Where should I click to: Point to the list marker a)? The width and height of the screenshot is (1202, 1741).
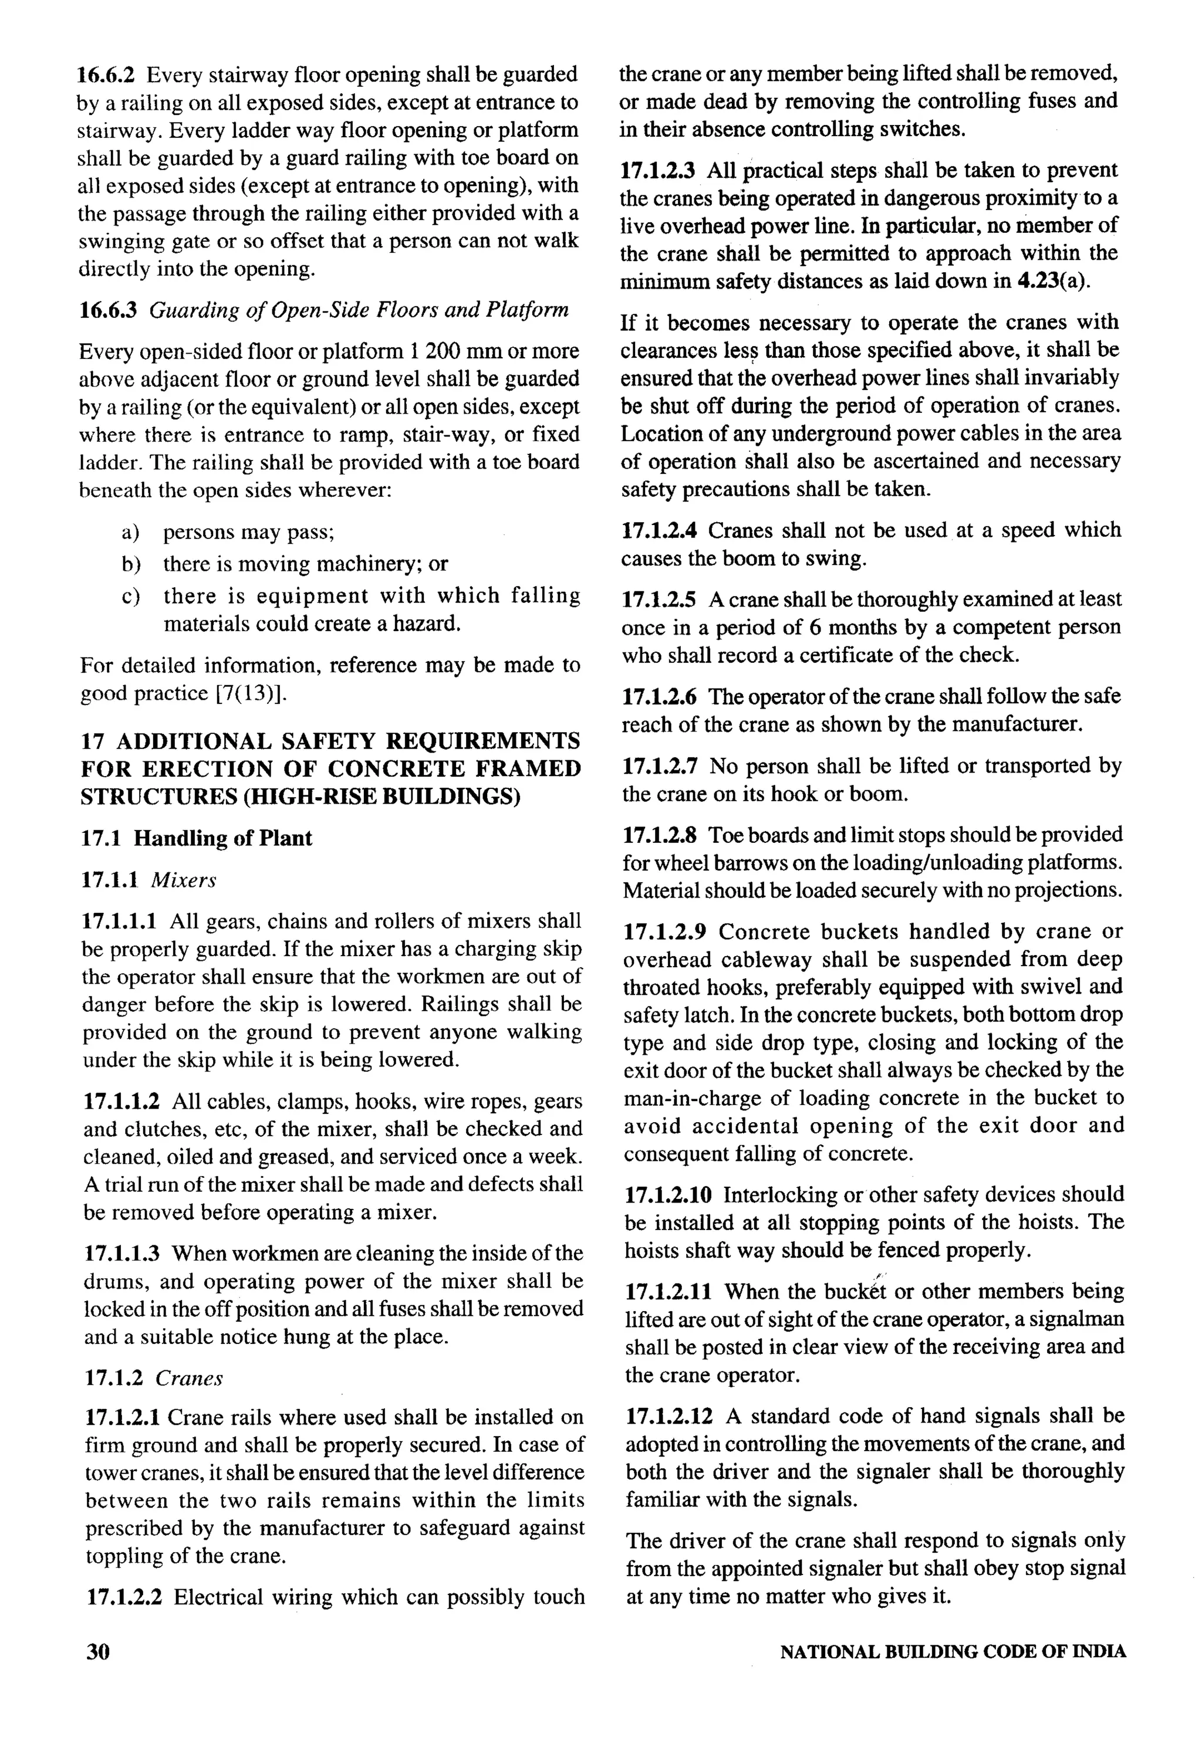(x=130, y=532)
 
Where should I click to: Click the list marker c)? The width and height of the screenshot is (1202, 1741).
(x=130, y=596)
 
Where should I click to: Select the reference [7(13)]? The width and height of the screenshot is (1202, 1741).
(x=252, y=693)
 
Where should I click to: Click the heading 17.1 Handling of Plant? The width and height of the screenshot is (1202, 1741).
(x=196, y=838)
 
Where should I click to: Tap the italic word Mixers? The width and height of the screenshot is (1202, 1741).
(x=183, y=880)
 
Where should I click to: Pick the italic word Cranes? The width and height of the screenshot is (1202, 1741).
(x=189, y=1378)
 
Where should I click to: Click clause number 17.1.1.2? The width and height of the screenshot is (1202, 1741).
(x=121, y=1102)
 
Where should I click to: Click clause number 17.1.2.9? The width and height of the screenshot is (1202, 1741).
(x=664, y=932)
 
